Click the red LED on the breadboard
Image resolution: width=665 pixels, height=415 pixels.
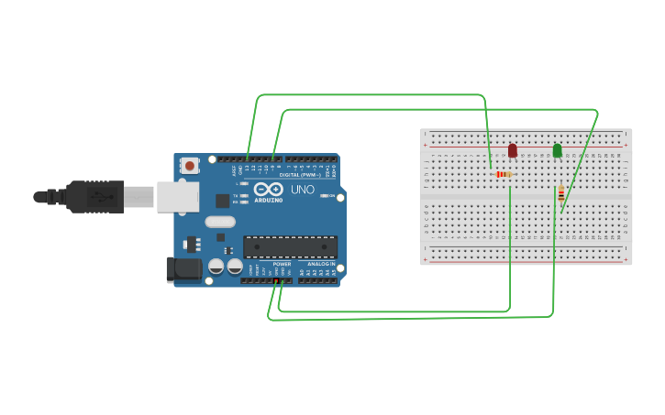(512, 150)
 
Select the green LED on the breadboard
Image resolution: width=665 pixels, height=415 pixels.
(557, 150)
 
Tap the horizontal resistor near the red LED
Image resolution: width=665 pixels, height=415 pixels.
(502, 174)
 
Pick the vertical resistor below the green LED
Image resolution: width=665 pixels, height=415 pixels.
(560, 193)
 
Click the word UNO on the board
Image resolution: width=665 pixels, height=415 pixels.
(303, 190)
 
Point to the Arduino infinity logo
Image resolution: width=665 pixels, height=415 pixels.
(269, 189)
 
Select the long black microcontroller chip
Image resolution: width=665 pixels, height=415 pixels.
(290, 246)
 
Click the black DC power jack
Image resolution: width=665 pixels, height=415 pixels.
(183, 269)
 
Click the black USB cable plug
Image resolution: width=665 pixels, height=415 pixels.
(93, 196)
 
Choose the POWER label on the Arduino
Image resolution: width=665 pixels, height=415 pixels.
(282, 264)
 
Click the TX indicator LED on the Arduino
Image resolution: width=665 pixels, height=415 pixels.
(243, 195)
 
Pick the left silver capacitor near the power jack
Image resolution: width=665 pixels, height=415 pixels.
(216, 267)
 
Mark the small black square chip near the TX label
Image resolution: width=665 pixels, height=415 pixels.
(222, 201)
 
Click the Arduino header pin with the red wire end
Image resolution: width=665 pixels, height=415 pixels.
(277, 280)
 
